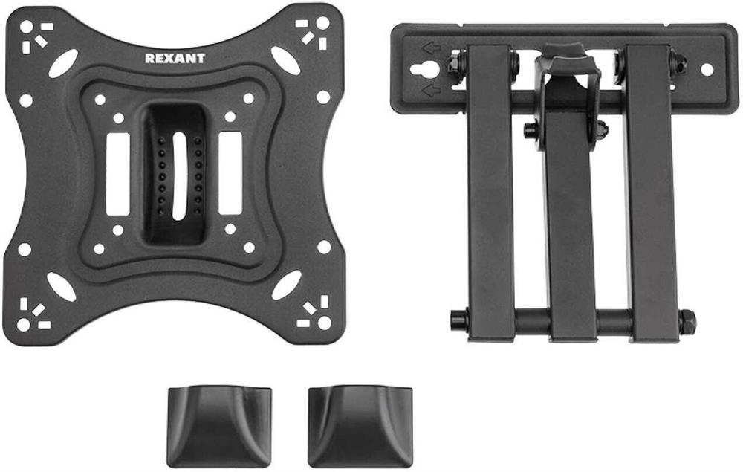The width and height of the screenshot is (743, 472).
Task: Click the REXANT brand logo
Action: (x=175, y=58)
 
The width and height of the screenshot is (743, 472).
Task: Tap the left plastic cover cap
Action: (x=220, y=426)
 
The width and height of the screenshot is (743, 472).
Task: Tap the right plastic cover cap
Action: (x=360, y=427)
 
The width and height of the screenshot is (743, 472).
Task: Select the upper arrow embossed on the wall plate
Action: (x=431, y=48)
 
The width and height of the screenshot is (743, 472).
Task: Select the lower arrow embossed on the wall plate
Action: (x=431, y=90)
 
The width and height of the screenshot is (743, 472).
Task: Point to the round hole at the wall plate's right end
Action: (x=707, y=70)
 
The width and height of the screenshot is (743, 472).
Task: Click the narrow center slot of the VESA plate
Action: (x=180, y=176)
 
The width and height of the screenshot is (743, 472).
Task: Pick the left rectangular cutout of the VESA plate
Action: (x=118, y=174)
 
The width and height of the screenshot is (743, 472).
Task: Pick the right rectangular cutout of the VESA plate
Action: (x=230, y=172)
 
